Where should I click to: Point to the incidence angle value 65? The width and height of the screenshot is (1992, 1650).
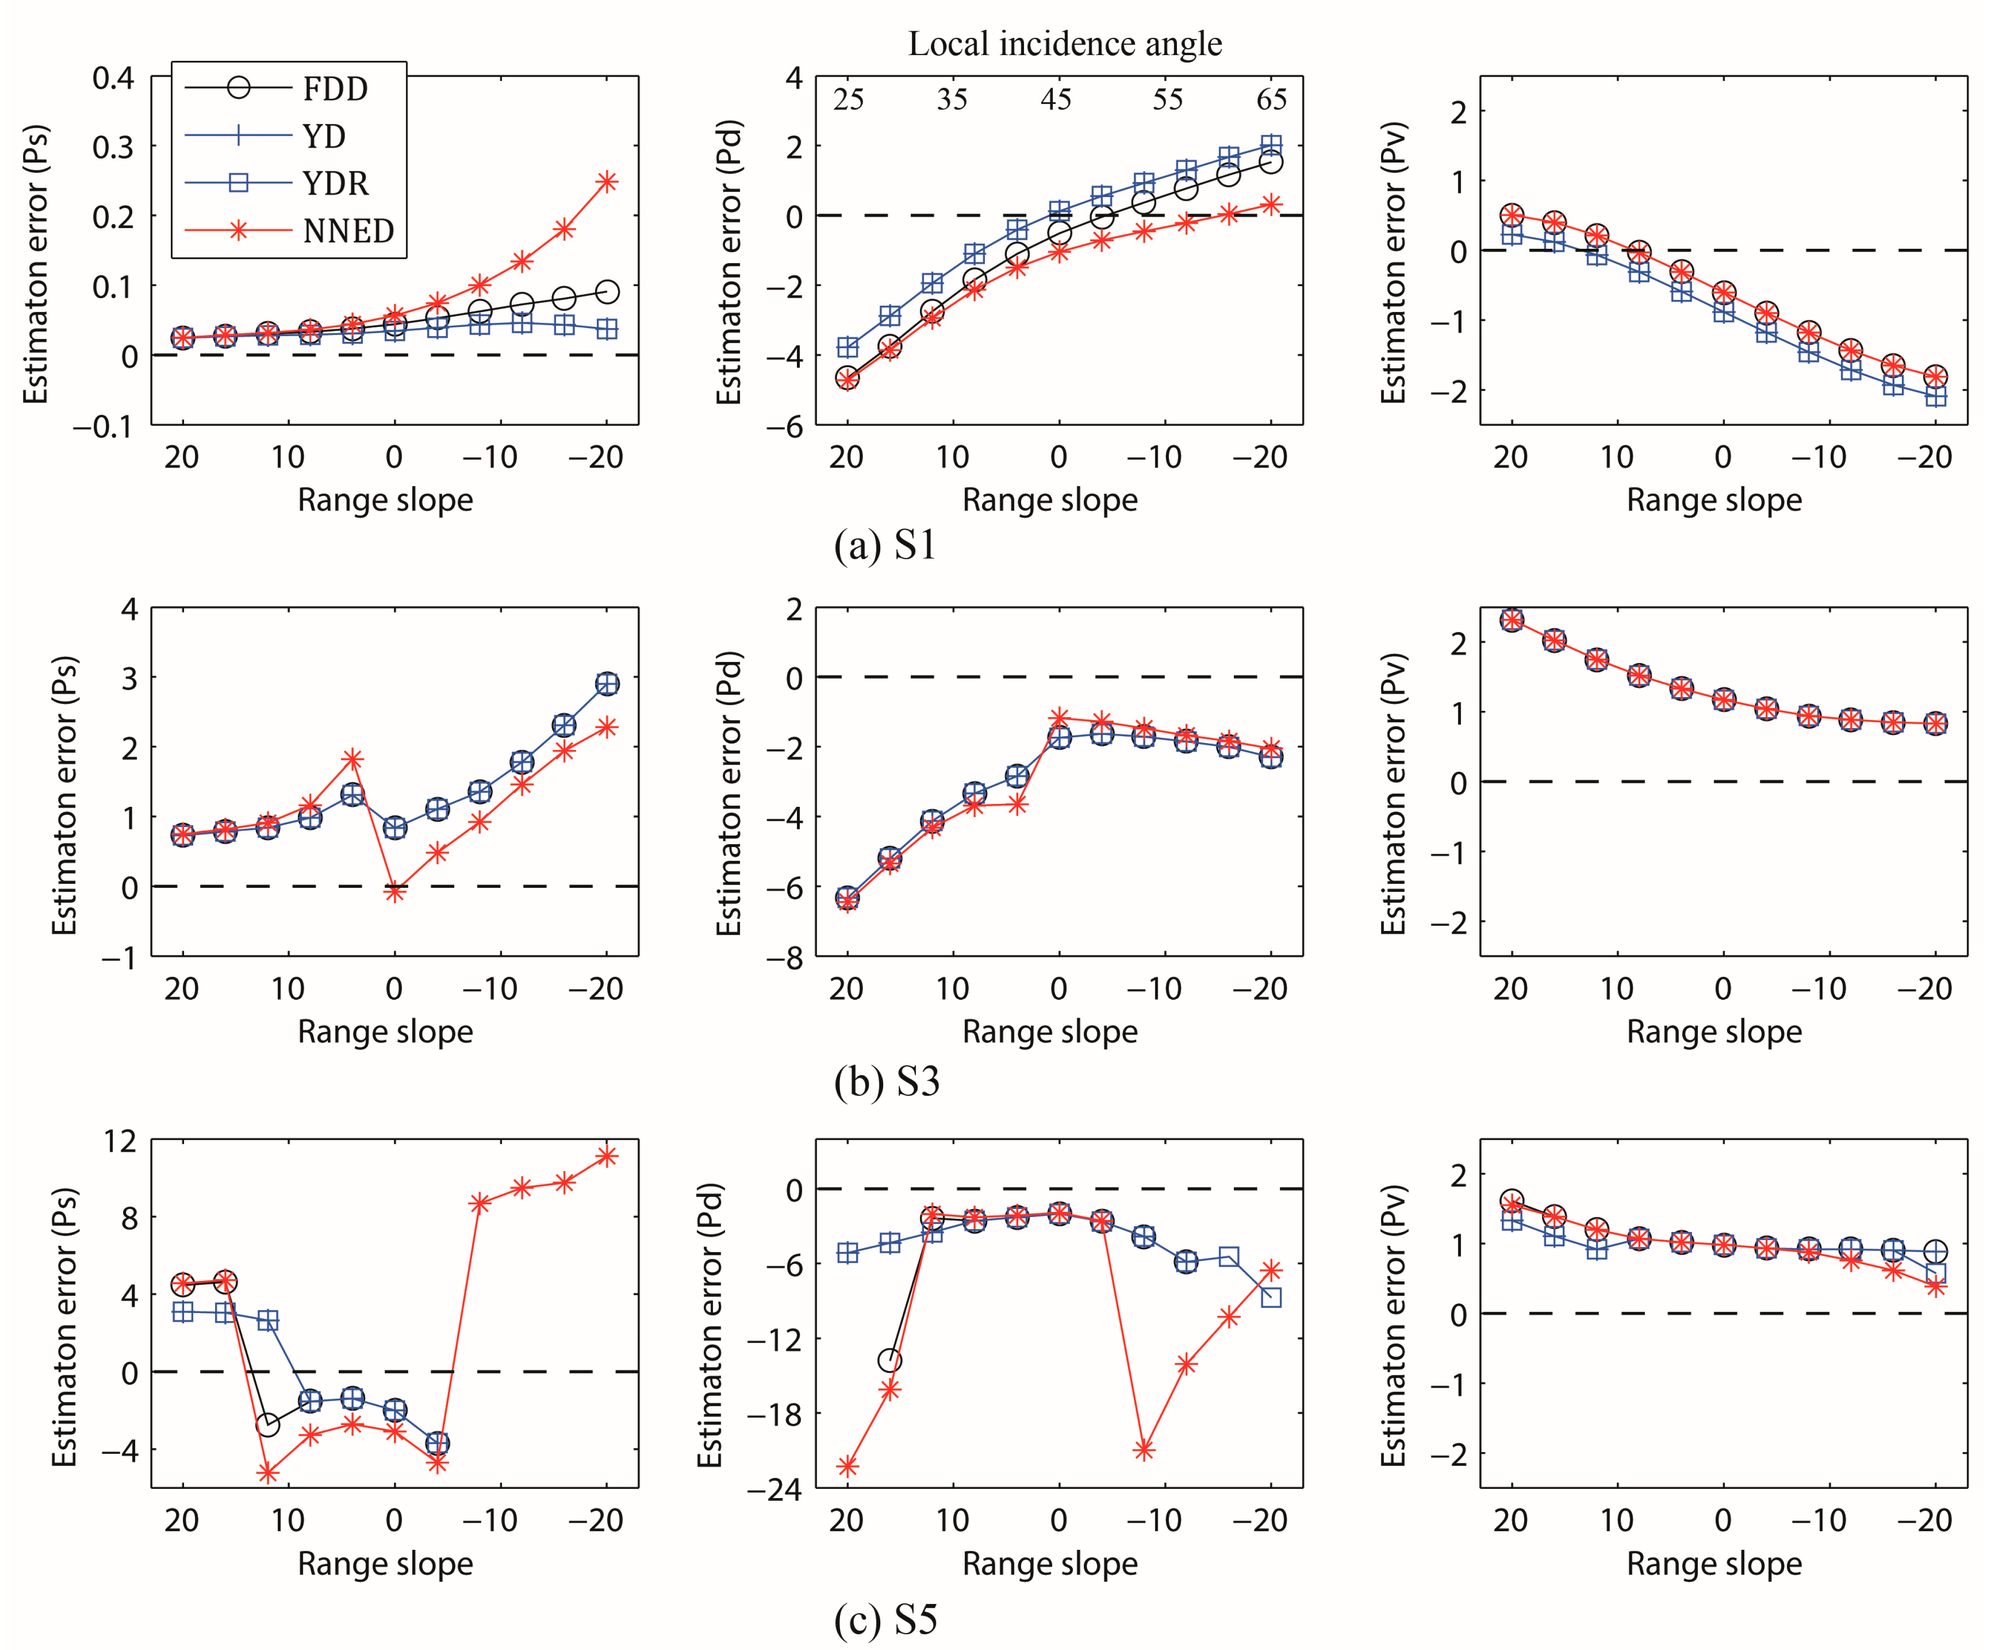pos(1271,100)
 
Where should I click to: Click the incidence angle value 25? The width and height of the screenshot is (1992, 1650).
pos(848,100)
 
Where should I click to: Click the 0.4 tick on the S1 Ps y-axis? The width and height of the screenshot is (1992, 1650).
pos(114,78)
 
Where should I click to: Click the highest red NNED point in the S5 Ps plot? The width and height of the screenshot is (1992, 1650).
pos(607,1156)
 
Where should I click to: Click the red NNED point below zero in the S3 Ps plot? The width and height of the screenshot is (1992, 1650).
pos(394,892)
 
